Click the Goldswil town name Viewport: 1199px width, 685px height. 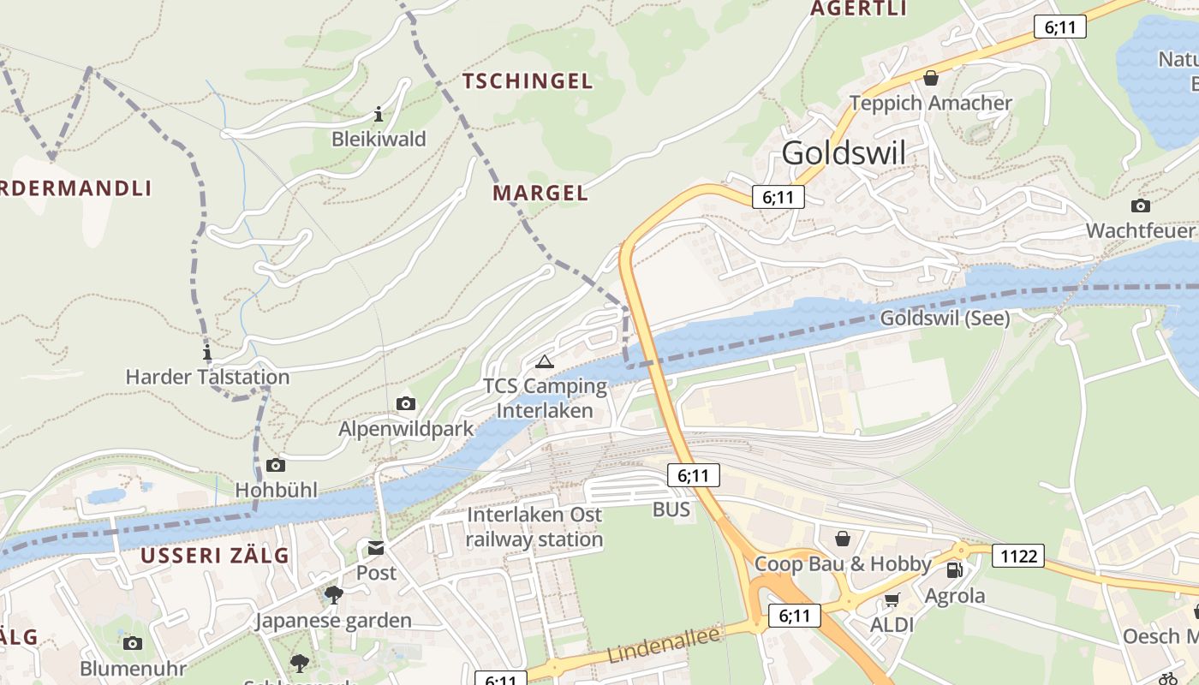coord(844,153)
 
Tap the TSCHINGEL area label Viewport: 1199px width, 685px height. coord(527,81)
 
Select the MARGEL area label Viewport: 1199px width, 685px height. coord(540,193)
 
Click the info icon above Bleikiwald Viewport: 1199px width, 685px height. coord(379,114)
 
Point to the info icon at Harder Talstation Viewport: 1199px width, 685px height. coord(206,352)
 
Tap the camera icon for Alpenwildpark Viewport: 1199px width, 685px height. coord(406,403)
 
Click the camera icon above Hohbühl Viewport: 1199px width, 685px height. coord(275,465)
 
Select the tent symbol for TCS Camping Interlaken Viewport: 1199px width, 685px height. coord(545,361)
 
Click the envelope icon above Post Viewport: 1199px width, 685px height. coord(376,548)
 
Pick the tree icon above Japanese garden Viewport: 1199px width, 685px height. coord(333,594)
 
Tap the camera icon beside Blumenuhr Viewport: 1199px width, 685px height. coord(132,643)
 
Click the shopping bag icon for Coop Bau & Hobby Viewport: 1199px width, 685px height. coord(843,539)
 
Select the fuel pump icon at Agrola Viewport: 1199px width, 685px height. coord(954,569)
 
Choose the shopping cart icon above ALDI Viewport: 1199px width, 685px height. coord(892,599)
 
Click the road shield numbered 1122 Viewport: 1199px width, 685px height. coord(1018,557)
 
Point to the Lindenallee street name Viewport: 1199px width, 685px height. coord(653,644)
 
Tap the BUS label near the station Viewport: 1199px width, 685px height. coord(671,509)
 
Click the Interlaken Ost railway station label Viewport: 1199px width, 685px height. coord(534,527)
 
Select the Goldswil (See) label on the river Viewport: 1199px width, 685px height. coord(945,319)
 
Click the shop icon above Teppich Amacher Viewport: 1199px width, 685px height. coord(931,79)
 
